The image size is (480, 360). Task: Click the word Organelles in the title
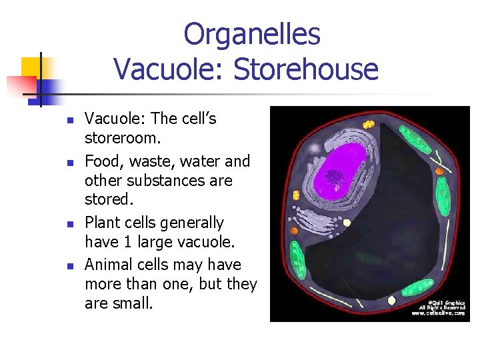(251, 35)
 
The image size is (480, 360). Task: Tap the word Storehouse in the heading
(312, 69)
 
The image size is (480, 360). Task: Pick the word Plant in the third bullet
(102, 223)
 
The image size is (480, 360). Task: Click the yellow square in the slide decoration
(31, 67)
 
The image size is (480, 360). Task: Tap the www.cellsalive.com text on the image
(439, 313)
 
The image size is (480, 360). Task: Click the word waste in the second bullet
(146, 161)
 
